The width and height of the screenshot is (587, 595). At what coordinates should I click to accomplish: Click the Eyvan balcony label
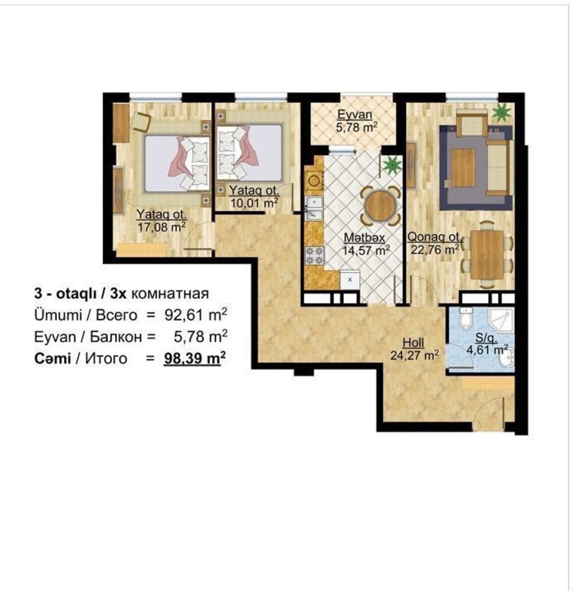coord(355,115)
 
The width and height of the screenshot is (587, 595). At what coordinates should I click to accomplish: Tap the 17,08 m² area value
coord(162,227)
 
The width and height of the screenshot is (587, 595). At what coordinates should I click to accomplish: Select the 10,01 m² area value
coord(254,203)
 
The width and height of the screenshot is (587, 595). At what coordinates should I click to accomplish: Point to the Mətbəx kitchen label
coord(364,238)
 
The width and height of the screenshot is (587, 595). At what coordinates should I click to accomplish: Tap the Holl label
coord(413,343)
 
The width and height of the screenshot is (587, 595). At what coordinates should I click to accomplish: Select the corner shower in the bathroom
coord(501,320)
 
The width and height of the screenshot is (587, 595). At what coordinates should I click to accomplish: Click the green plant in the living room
coord(501,113)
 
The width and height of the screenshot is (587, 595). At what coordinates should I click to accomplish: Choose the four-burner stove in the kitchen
coord(315,255)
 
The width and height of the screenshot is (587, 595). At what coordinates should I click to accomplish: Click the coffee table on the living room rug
coord(463,168)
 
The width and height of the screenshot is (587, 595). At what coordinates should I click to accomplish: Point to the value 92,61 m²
coord(196,315)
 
